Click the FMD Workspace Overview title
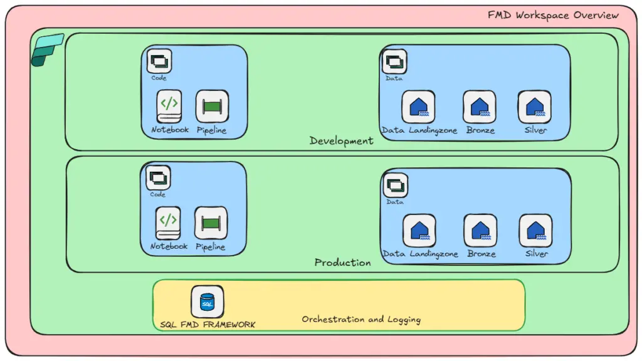point(553,15)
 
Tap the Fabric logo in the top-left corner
point(47,50)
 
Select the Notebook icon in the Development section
point(169,106)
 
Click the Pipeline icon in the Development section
point(212,106)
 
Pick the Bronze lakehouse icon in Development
point(480,107)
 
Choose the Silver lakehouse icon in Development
point(535,107)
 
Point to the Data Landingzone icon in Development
point(418,107)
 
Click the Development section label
point(341,141)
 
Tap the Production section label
point(342,263)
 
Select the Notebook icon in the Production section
point(167,222)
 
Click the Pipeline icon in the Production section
point(211,223)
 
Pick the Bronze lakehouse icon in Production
point(480,230)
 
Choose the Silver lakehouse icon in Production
point(535,230)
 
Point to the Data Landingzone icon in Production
point(419,230)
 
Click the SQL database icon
point(207,301)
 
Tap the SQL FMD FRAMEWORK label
point(208,325)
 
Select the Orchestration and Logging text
point(361,319)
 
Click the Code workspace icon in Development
point(159,61)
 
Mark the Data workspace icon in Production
point(395,186)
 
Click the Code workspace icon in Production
point(158,178)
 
